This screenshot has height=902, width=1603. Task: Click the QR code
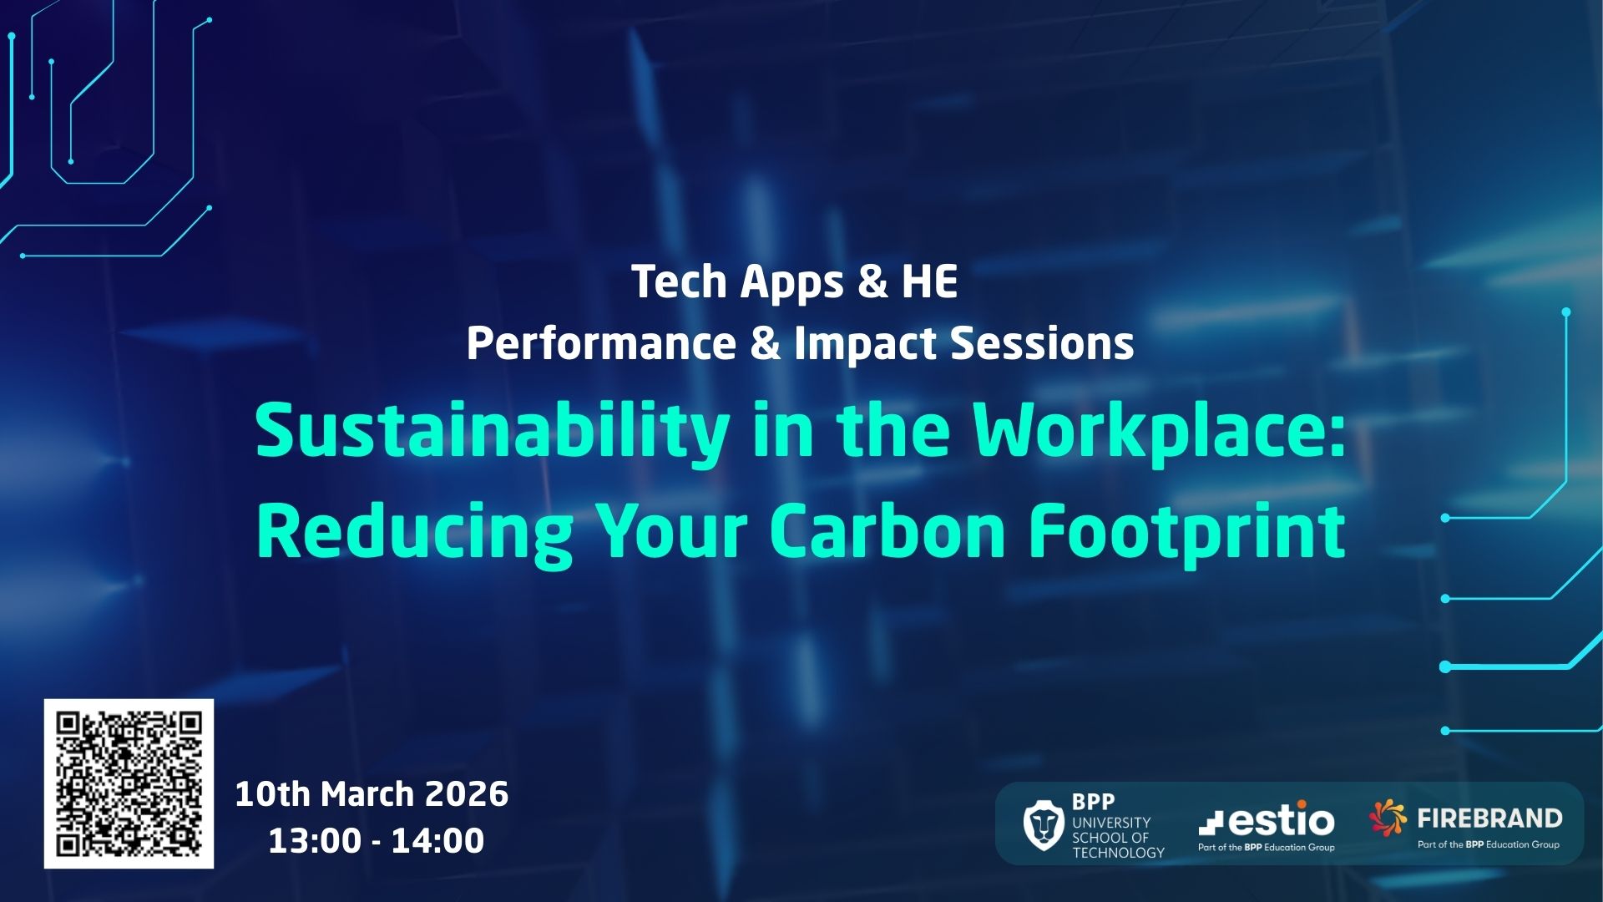pos(129,783)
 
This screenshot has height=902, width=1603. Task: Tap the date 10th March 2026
pos(372,793)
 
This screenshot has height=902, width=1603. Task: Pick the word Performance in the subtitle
pos(601,343)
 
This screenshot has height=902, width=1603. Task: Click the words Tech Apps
pos(738,283)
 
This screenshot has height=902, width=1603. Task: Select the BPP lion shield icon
pos(1043,824)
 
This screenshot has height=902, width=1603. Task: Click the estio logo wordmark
pos(1267,818)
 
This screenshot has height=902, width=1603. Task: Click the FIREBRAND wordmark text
pos(1489,818)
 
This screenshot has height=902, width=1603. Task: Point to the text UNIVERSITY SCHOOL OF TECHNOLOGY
pos(1118,838)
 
